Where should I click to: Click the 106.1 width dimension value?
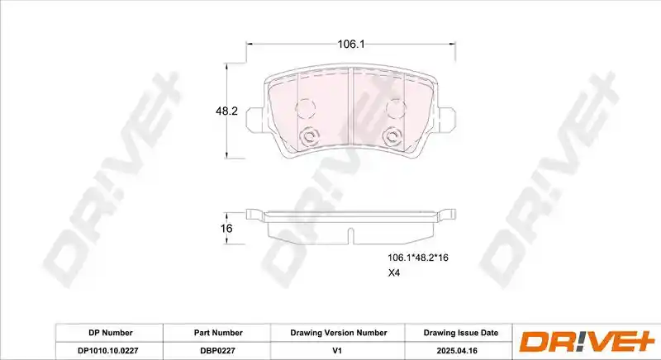(350, 44)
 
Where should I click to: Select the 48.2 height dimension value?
(226, 111)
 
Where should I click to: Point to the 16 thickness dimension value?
(226, 229)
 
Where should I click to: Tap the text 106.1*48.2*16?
(418, 258)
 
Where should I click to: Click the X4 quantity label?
(394, 272)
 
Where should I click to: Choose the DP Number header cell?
(111, 333)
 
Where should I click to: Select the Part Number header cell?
(218, 333)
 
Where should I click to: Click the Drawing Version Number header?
(339, 333)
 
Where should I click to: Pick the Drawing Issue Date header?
(461, 333)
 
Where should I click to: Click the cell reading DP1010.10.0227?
(108, 350)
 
